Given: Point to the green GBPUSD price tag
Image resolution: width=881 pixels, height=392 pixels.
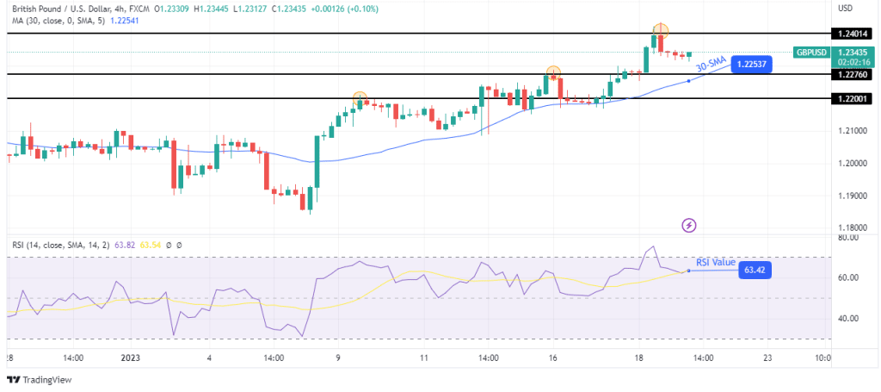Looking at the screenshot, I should (x=811, y=53).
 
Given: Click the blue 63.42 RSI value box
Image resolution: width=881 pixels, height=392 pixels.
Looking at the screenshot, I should (x=755, y=271).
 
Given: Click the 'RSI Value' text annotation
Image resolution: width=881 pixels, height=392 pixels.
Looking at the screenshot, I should (x=716, y=262).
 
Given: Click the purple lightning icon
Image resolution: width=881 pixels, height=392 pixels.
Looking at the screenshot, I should (x=689, y=226).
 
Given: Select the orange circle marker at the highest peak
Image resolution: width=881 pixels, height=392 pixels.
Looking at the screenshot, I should (x=660, y=30).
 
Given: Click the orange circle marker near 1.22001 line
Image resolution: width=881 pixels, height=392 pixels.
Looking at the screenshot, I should (x=360, y=98).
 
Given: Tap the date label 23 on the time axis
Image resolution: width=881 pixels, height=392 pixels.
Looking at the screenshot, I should (x=766, y=358).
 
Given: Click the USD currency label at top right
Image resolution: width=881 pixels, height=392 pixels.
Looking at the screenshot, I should (x=846, y=8).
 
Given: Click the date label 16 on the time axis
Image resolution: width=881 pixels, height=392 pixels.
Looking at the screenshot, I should (x=551, y=358).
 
